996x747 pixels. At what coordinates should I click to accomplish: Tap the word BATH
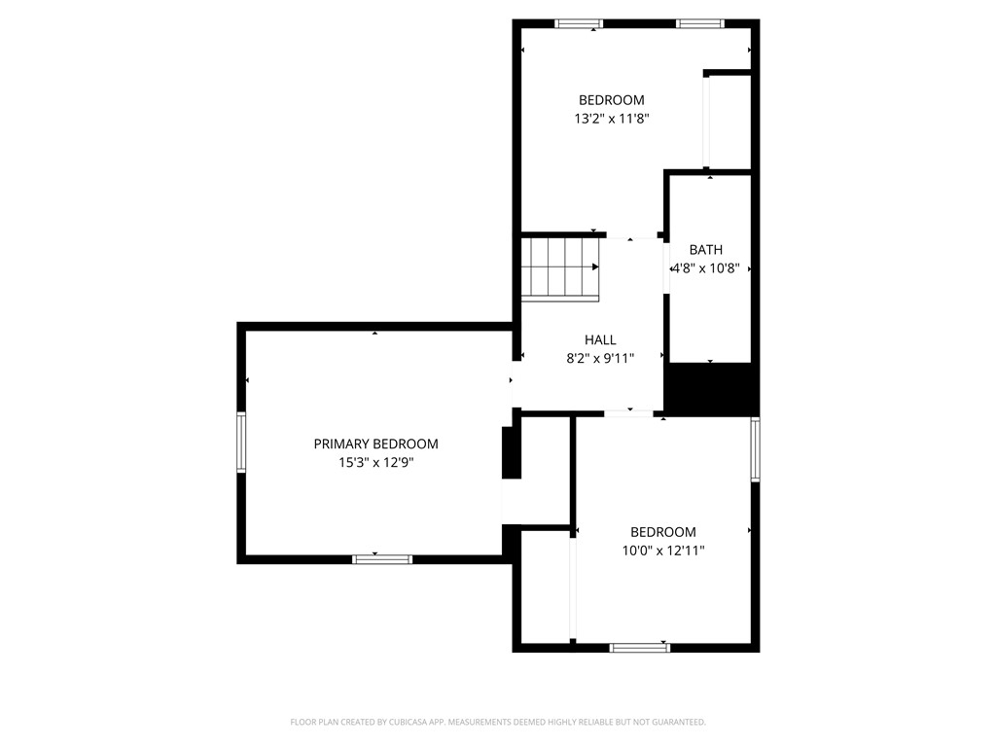[x=705, y=250]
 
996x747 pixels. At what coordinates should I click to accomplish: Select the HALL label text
[x=600, y=339]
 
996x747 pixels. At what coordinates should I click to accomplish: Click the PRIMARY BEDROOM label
[x=375, y=444]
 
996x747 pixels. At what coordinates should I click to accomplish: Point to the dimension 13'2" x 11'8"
[x=611, y=119]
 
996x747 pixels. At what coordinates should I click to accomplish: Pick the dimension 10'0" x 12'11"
[x=663, y=551]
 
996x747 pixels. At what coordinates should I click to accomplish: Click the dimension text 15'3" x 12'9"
[x=375, y=463]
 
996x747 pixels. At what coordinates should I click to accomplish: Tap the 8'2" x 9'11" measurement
[x=600, y=358]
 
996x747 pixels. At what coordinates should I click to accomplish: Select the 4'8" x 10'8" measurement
[x=712, y=268]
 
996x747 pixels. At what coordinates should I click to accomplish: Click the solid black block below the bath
[x=710, y=388]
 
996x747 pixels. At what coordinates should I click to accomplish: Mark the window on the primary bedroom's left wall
[x=241, y=442]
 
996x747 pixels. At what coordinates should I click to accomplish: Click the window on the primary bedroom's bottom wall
[x=382, y=558]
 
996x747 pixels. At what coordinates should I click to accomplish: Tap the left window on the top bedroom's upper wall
[x=579, y=23]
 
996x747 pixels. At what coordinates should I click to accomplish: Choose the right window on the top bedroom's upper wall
[x=700, y=23]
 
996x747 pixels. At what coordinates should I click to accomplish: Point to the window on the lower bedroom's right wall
[x=755, y=449]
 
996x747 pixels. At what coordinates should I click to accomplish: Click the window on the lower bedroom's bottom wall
[x=639, y=647]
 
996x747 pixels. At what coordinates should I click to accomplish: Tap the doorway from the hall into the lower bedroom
[x=629, y=413]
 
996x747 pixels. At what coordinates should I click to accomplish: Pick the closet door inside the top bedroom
[x=707, y=122]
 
